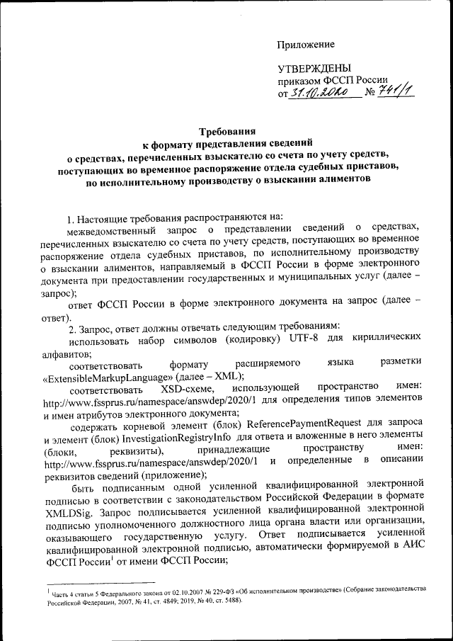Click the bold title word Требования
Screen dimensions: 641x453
pyautogui.click(x=227, y=132)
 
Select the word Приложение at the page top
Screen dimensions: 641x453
pyautogui.click(x=305, y=45)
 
